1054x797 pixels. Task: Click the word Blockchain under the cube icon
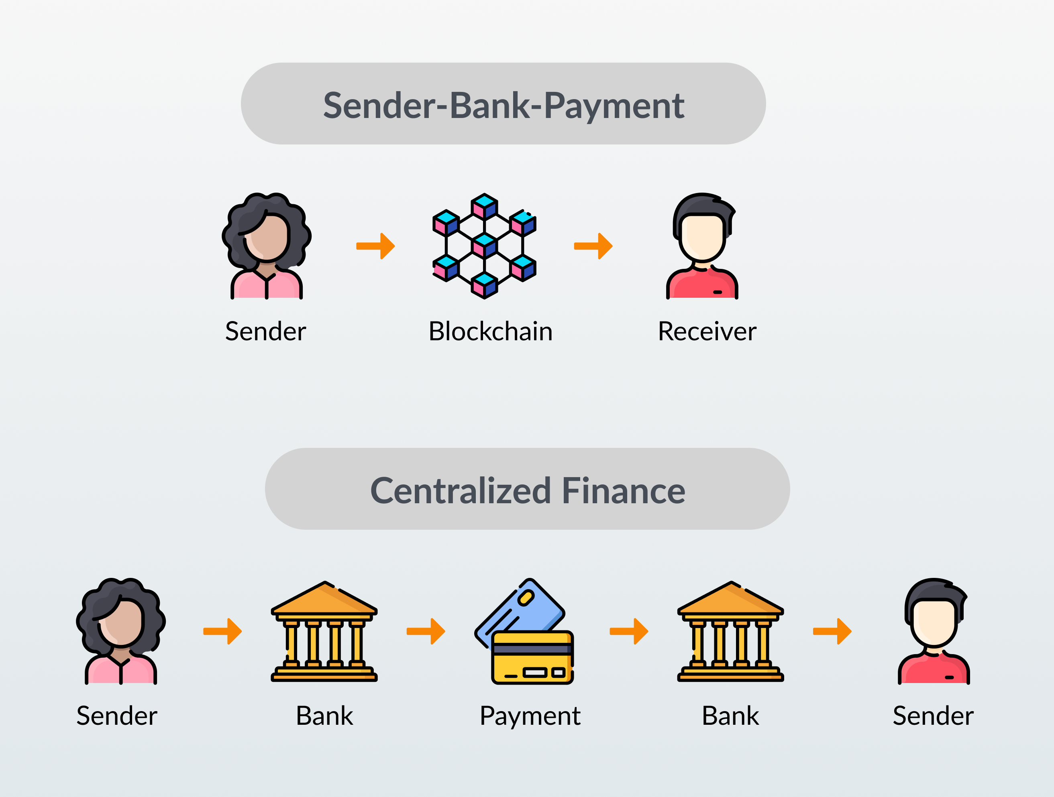[490, 331]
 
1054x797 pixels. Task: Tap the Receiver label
[707, 331]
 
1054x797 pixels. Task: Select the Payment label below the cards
[530, 717]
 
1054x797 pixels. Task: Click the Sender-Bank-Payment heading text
[504, 105]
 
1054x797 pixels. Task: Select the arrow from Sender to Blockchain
[375, 246]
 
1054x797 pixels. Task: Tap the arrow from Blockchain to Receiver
[593, 246]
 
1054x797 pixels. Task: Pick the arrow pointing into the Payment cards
[426, 631]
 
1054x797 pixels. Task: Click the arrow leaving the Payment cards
[629, 631]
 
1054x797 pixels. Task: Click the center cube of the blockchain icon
[485, 245]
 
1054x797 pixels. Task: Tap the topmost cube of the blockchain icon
[485, 206]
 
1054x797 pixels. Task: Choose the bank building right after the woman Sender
[324, 631]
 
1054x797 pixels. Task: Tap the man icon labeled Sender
[934, 631]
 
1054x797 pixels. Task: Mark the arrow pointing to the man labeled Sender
[832, 631]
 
